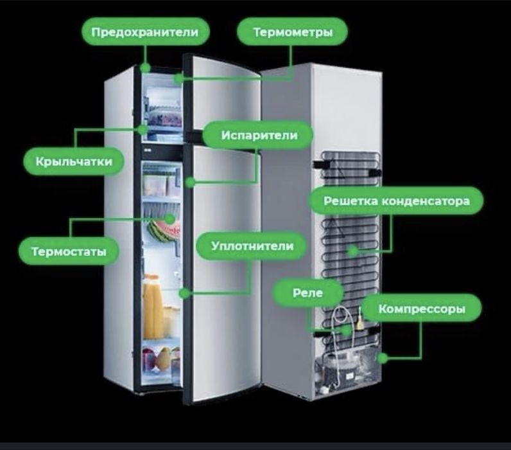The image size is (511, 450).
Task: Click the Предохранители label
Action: (x=145, y=32)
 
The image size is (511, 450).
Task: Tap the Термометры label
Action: (x=292, y=32)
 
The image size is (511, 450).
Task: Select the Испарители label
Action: (x=258, y=135)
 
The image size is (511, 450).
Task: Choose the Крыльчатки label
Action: (x=74, y=161)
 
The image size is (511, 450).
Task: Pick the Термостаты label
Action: (x=69, y=251)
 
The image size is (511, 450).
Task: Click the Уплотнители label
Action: (x=252, y=246)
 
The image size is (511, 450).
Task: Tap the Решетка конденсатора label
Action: (x=396, y=201)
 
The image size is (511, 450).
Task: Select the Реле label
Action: (x=308, y=292)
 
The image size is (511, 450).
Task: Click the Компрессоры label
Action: (x=421, y=309)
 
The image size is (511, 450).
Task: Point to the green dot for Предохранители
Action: (x=145, y=68)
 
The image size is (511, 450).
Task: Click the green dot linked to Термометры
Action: (x=178, y=78)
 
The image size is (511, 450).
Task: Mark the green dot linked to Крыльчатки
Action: (x=143, y=130)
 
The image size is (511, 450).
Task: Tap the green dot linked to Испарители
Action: (x=190, y=182)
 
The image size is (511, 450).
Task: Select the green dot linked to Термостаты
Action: (x=169, y=219)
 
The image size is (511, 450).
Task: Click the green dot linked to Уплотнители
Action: (x=184, y=293)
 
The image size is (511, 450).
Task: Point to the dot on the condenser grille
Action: (x=353, y=251)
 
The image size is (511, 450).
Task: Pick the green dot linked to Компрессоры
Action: (x=383, y=358)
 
